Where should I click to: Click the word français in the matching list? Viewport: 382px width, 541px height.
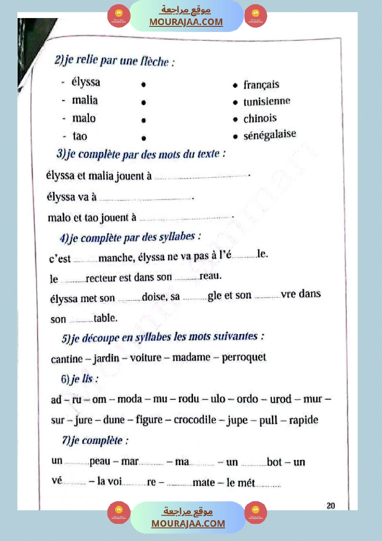pos(262,85)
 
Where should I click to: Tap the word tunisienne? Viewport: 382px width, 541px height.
pos(267,101)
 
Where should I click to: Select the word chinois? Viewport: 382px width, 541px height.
pos(260,118)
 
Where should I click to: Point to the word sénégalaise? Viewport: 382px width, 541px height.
pos(270,135)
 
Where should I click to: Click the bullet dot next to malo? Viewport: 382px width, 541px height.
pos(144,120)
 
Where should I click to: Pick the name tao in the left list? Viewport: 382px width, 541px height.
pos(80,136)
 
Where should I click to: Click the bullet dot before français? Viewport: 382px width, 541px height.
pos(236,86)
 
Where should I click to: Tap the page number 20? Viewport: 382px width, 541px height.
pos(331,506)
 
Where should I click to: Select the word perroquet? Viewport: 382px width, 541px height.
pos(244,358)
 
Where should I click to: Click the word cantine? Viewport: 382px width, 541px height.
pos(67,359)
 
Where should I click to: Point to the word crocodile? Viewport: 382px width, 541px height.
pos(195,420)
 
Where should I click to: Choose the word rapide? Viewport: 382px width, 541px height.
pos(303,420)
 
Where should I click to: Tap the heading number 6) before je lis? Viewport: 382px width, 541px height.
pos(65,379)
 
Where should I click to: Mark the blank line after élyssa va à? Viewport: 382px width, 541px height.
pos(146,199)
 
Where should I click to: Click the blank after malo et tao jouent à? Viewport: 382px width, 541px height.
pos(185,218)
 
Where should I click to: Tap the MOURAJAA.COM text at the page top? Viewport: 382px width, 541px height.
pos(186,22)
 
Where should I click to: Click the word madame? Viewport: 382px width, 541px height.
pos(192,358)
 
